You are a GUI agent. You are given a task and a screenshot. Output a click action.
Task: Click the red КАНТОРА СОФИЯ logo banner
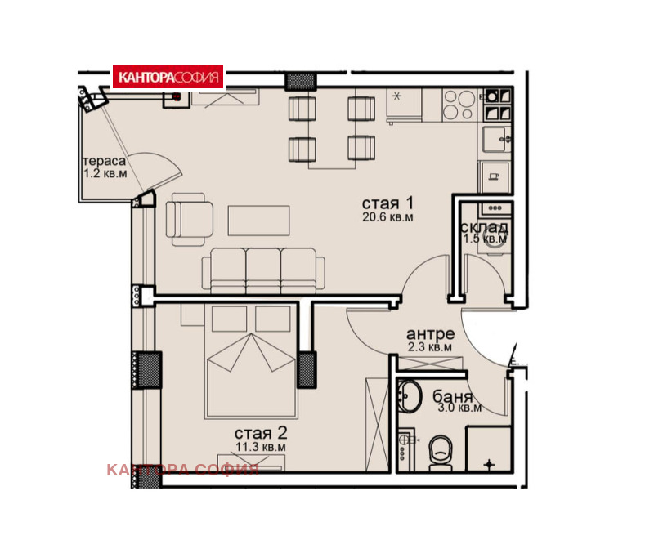pos(168,77)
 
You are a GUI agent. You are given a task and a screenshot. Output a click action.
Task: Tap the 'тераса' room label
pos(104,161)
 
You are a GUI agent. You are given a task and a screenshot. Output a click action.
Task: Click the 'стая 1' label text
pos(387,203)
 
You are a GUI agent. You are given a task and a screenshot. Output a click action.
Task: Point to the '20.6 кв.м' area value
pos(387,216)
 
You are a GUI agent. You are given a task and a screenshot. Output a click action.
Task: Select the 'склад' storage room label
pos(484,228)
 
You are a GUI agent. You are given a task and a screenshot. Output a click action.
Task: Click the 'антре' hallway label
pos(430,333)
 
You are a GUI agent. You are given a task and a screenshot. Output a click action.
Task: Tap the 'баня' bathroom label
pos(453,396)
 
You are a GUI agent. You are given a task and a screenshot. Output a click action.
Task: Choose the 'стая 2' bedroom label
pos(261,433)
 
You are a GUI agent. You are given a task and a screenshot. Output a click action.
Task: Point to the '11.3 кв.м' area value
pos(261,447)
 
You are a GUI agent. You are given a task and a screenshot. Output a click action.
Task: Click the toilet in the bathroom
pos(441,453)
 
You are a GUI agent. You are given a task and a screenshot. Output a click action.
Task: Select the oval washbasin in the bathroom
pos(410,395)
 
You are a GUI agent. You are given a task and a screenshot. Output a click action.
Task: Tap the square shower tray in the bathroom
pos(488,449)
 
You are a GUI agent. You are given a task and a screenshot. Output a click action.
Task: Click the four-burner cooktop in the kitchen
pos(459,105)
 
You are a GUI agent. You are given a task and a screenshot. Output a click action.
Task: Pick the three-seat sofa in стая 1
pos(263,270)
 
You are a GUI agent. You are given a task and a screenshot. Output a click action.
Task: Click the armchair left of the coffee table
pos(190,219)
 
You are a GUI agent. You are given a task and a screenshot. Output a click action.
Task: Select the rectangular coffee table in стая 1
pos(258,221)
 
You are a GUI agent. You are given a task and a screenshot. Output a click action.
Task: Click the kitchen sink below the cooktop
pos(496,139)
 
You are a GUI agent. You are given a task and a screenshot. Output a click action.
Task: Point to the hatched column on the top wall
pos(301,81)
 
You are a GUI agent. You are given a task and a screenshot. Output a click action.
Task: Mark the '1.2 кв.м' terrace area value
pos(105,173)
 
